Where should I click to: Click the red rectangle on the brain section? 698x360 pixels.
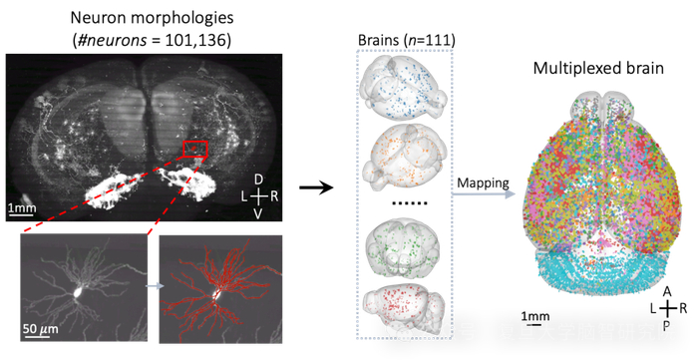click(196, 150)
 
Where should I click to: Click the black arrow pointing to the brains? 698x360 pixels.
click(316, 186)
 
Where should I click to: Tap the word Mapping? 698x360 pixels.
click(482, 183)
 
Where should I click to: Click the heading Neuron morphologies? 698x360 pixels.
click(152, 17)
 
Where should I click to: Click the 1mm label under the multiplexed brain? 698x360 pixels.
click(534, 317)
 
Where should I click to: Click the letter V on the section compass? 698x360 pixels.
click(258, 212)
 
